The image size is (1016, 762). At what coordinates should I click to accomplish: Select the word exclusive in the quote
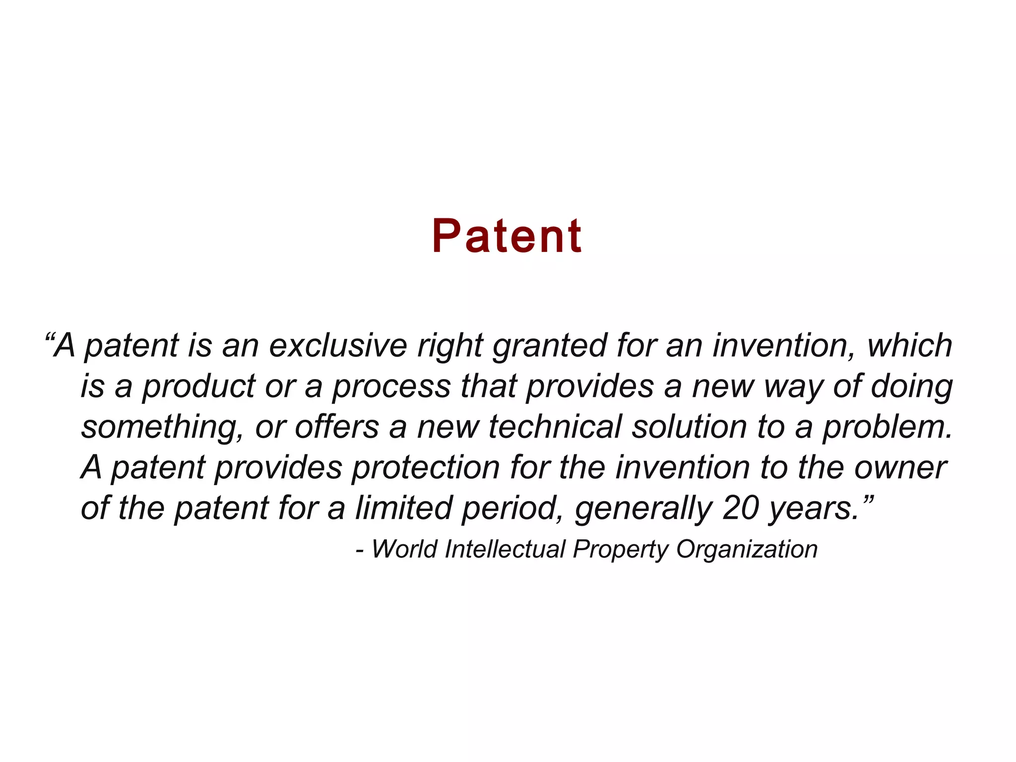tap(338, 345)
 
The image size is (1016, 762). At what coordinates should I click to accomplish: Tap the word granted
tap(550, 346)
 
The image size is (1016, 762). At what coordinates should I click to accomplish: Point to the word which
tap(909, 345)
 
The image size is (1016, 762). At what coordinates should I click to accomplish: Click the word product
tap(198, 387)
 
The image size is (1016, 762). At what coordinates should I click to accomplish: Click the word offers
tap(337, 427)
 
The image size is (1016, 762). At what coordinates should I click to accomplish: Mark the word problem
tap(888, 428)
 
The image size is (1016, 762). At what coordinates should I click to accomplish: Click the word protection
tap(426, 468)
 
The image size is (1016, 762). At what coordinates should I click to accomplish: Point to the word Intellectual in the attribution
tap(505, 549)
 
